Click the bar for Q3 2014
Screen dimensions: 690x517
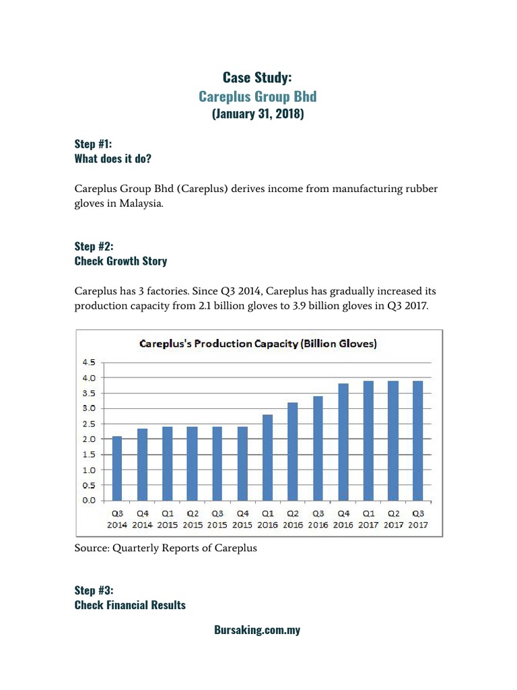(117, 468)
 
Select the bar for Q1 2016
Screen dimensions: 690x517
(268, 458)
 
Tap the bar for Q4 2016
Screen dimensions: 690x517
(343, 442)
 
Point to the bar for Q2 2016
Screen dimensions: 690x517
(293, 451)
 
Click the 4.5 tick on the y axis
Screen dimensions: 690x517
(88, 363)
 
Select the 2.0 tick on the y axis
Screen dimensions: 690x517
(88, 439)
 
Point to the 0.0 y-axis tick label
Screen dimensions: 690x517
(88, 501)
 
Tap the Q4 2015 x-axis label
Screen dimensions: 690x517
(243, 519)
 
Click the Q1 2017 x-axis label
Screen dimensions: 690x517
(368, 519)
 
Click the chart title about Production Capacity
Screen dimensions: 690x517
(258, 344)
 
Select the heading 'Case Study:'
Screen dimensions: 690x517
(258, 78)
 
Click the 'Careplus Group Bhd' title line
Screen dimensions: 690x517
(258, 96)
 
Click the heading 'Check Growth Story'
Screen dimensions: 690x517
(120, 261)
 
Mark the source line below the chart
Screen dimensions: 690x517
(166, 548)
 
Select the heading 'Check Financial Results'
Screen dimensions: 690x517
(130, 605)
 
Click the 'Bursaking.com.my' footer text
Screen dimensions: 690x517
(257, 631)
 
